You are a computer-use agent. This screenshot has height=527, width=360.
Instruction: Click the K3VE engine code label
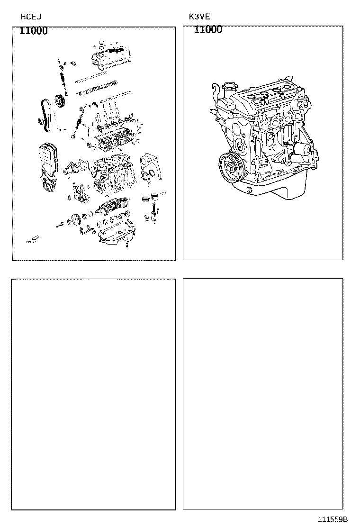tap(199, 17)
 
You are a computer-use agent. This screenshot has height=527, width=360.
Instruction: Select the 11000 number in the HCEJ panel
tap(33, 31)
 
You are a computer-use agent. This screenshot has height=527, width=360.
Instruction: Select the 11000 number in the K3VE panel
tap(208, 30)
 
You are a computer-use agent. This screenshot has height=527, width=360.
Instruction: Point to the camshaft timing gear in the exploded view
tap(59, 101)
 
